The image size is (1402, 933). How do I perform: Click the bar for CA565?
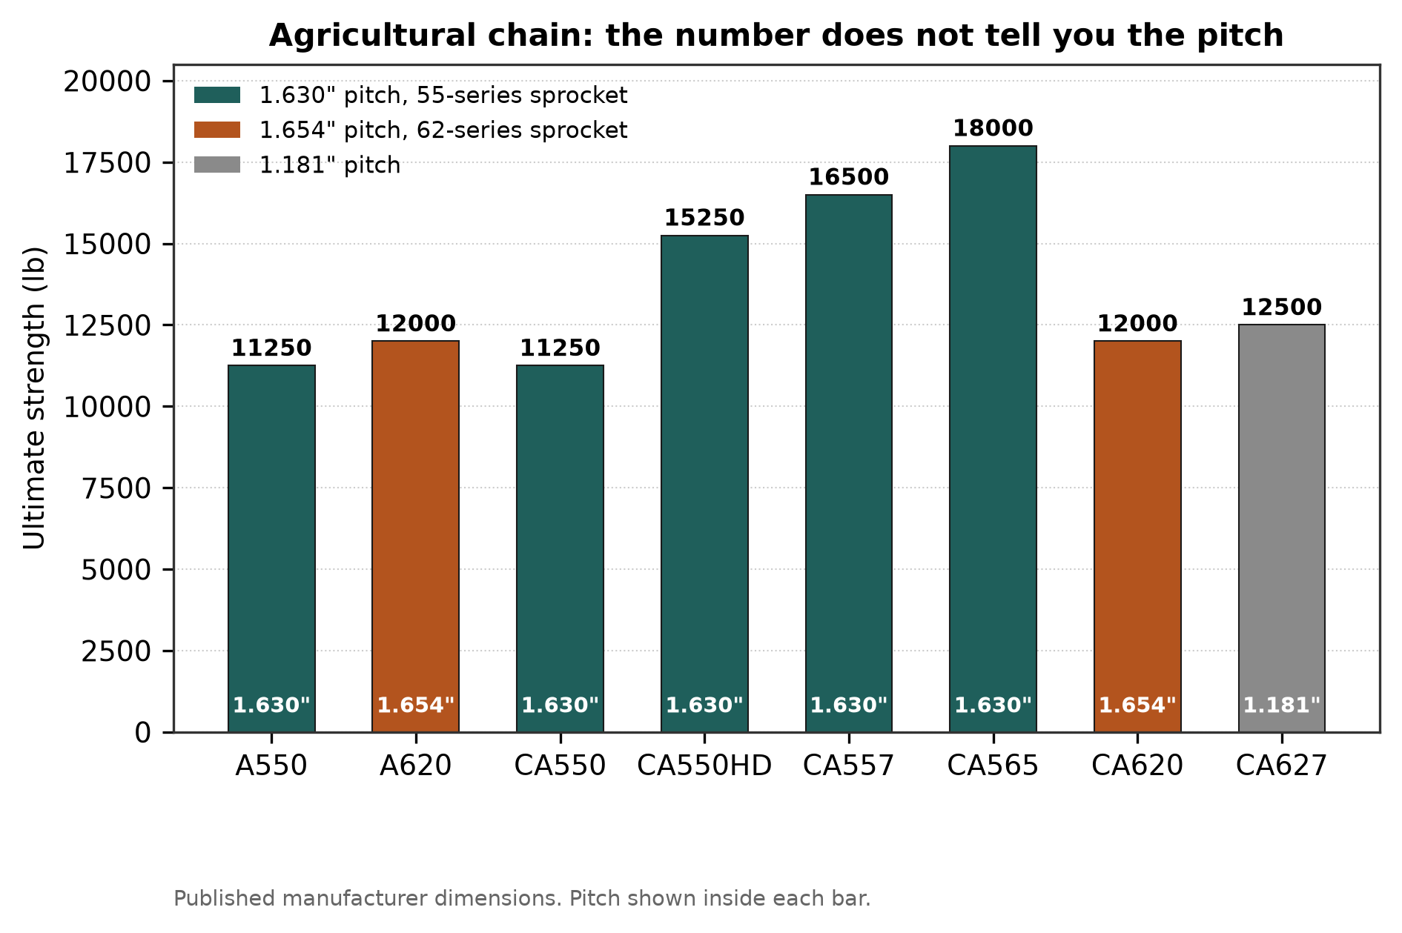[993, 439]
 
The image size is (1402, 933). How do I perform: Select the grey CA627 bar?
[1281, 528]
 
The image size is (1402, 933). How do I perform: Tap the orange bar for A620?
[415, 537]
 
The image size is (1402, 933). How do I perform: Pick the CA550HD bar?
[704, 484]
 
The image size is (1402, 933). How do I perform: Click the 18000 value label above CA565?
[993, 128]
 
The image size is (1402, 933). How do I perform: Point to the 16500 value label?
[848, 177]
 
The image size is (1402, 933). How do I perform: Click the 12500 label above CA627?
[1281, 307]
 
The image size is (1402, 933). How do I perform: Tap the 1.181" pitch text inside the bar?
[1281, 705]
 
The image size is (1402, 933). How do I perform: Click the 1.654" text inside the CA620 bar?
[1137, 705]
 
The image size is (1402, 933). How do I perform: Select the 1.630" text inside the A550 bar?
[271, 705]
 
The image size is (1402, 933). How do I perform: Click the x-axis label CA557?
[848, 766]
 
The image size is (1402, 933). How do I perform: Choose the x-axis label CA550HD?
[704, 766]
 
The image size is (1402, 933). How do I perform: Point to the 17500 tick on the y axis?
[108, 163]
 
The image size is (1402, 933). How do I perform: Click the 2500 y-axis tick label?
[116, 651]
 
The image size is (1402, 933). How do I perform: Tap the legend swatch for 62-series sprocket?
[217, 130]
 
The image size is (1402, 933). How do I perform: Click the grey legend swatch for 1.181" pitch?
[217, 165]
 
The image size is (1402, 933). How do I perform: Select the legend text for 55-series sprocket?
[443, 96]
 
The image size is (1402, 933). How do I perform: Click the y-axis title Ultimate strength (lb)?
[34, 398]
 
